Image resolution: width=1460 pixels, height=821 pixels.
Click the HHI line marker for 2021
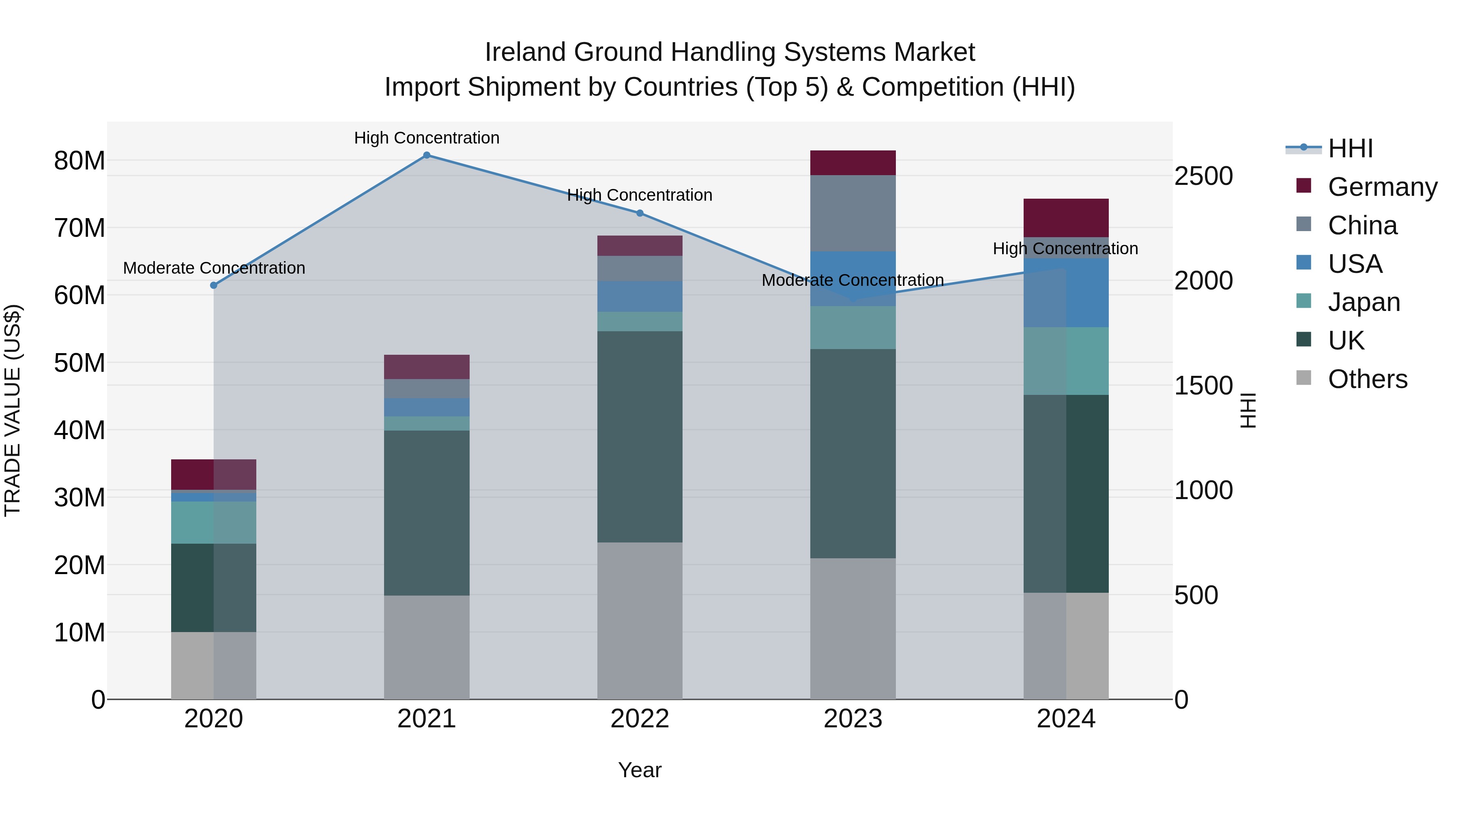[x=427, y=155]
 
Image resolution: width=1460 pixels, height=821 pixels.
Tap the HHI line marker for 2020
[x=214, y=285]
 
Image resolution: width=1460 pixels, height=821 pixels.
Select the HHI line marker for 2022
[x=640, y=213]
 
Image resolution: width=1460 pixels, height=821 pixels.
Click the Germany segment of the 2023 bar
[x=852, y=163]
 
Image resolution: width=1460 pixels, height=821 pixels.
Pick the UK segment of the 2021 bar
[x=427, y=513]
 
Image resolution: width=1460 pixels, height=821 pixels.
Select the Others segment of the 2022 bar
[x=640, y=620]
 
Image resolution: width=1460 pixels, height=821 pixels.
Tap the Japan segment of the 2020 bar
[x=214, y=523]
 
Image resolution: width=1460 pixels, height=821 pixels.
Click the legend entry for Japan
[x=1363, y=302]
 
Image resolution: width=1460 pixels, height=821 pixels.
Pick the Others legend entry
[x=1367, y=379]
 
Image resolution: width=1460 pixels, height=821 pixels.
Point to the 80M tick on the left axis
[x=79, y=161]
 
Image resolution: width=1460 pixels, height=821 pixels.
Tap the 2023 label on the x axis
[x=852, y=719]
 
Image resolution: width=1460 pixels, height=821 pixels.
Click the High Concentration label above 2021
[x=427, y=138]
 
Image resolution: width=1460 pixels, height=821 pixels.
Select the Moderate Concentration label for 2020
[x=214, y=268]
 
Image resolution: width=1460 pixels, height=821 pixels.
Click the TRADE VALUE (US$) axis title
[x=13, y=410]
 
